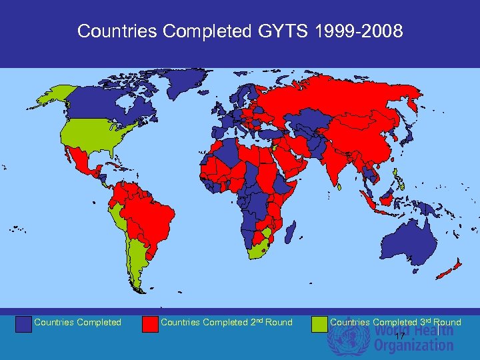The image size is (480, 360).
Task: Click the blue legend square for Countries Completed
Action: coord(24,323)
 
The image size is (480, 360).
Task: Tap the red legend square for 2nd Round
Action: coord(151,323)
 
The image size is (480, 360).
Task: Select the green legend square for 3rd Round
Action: coord(320,323)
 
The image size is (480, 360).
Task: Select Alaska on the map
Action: coord(53,97)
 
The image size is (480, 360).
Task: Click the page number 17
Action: coord(399,337)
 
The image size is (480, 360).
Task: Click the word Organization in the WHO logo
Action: coord(413,345)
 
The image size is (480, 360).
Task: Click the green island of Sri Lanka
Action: coord(339,187)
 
